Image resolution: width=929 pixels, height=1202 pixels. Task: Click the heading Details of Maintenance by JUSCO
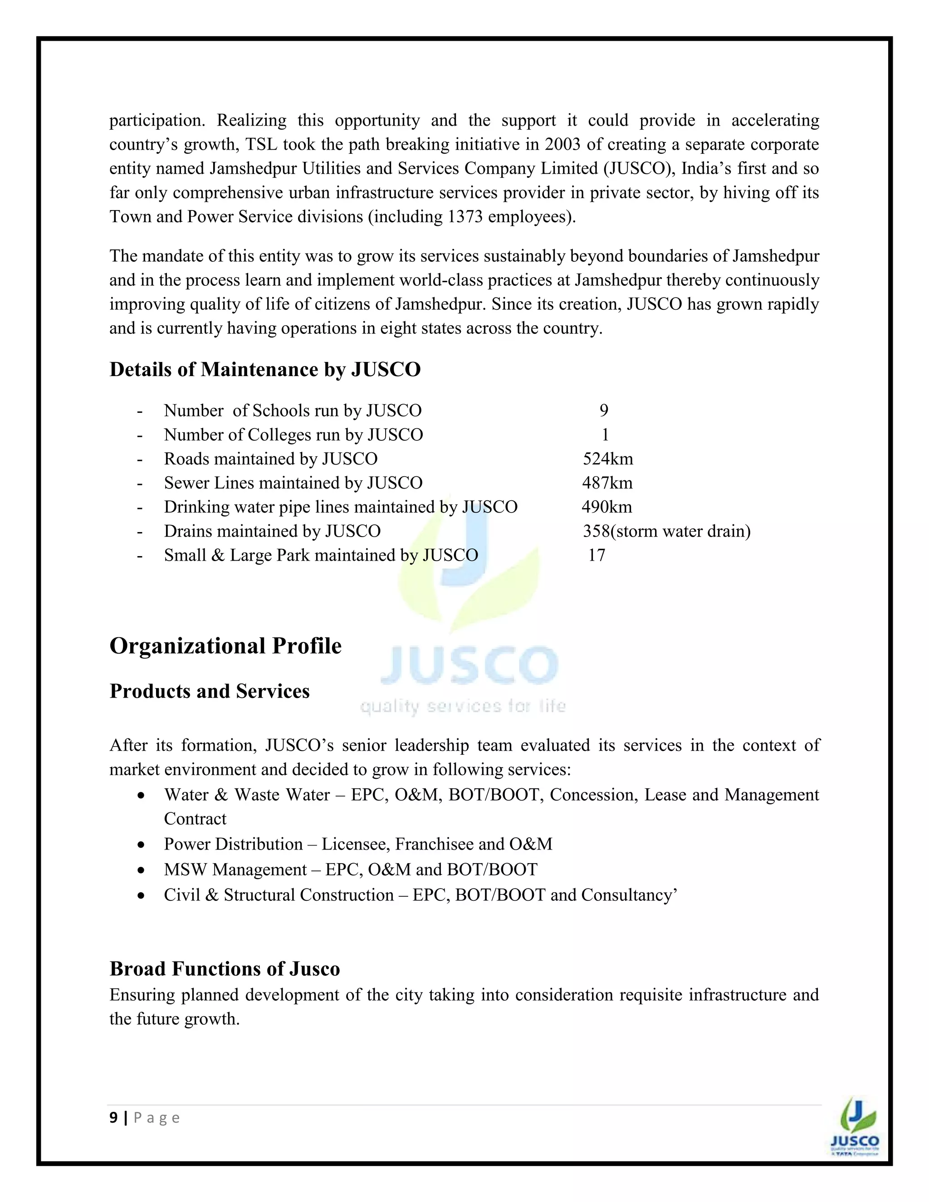(265, 369)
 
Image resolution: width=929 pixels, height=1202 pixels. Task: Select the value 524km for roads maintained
(607, 459)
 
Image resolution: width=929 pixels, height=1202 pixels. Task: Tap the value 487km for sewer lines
(607, 483)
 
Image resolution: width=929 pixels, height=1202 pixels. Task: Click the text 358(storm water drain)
(666, 531)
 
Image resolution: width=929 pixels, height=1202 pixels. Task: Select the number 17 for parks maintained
(597, 555)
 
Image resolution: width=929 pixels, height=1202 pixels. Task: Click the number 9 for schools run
(604, 410)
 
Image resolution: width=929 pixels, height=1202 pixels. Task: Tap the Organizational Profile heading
(225, 646)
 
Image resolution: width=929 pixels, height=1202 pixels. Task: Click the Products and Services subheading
(209, 691)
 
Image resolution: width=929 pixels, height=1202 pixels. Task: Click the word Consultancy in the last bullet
(626, 895)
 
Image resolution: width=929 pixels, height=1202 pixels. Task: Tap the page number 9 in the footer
(113, 1118)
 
